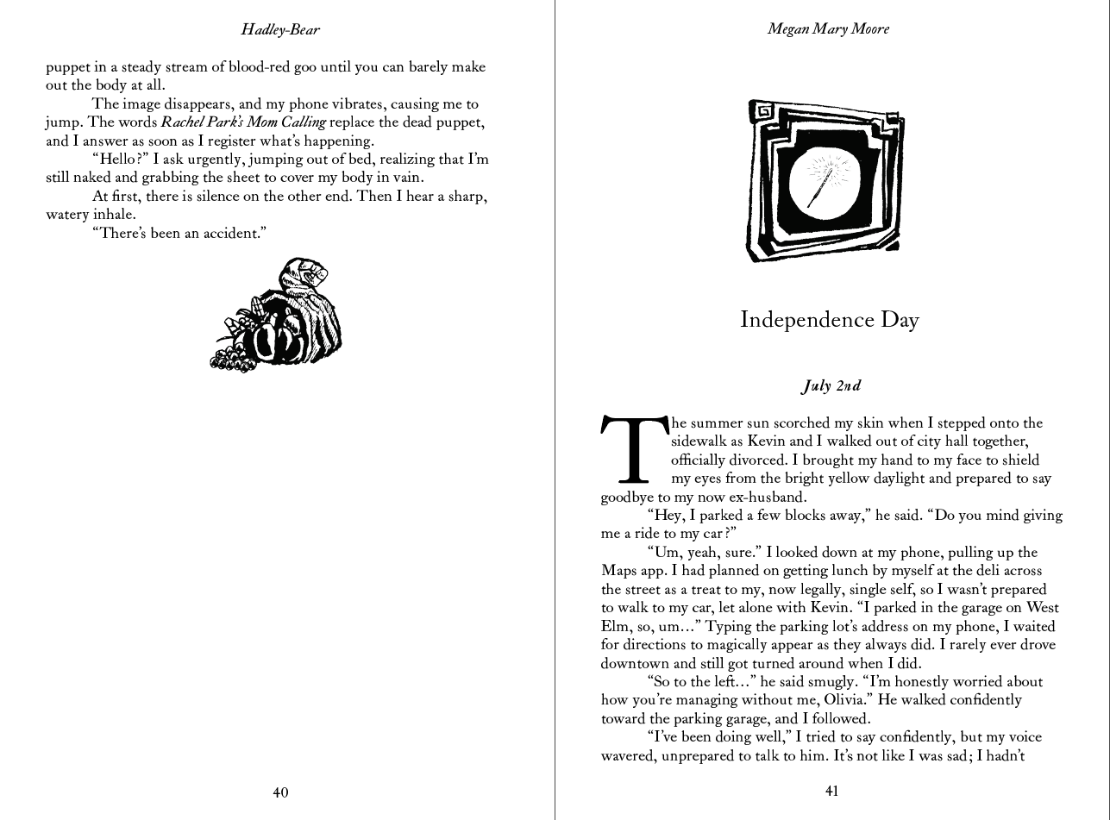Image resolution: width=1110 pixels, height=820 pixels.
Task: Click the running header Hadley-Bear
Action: (279, 29)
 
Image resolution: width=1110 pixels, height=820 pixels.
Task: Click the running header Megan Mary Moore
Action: (828, 29)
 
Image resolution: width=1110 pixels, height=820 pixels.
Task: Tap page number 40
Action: (280, 792)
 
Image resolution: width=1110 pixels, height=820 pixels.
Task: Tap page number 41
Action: (831, 792)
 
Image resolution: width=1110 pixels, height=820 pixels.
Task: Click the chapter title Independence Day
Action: (830, 320)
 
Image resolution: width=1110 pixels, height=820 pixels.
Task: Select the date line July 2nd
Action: (831, 386)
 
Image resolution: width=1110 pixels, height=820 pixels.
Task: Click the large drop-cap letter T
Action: (634, 450)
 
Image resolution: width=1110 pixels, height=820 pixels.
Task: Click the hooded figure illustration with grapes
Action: (278, 316)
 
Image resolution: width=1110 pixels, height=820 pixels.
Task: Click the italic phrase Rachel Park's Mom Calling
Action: (243, 122)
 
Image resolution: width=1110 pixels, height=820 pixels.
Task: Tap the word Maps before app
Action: (618, 571)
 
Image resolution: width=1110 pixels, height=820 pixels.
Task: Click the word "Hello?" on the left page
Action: (121, 160)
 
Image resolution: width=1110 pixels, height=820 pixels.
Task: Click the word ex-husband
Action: (764, 498)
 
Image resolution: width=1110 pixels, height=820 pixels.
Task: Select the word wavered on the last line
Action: (627, 756)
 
